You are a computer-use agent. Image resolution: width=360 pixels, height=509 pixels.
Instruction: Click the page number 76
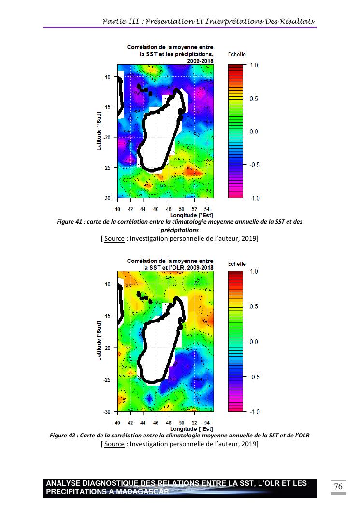(338, 486)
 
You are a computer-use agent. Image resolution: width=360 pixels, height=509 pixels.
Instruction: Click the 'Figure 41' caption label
(71, 222)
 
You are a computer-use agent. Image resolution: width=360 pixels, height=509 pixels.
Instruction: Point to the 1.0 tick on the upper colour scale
(254, 65)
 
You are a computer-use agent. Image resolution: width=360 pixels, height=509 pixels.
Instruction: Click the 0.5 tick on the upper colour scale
(254, 98)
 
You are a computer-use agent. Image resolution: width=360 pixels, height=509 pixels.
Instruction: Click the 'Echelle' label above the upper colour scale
(237, 55)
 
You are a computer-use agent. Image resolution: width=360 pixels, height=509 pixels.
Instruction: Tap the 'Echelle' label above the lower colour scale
(237, 264)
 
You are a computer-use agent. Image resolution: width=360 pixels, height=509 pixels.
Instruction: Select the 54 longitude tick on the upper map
(207, 209)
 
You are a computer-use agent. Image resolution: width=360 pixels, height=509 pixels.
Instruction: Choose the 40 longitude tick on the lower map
(117, 422)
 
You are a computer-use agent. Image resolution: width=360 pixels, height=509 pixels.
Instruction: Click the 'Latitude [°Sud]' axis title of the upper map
(99, 131)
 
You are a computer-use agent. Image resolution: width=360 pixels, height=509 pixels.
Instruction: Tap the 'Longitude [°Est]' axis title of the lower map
(192, 428)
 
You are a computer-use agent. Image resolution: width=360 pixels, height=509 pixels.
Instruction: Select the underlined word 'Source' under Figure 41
(114, 238)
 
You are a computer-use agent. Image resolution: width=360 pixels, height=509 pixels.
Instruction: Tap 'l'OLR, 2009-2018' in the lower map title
(185, 267)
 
